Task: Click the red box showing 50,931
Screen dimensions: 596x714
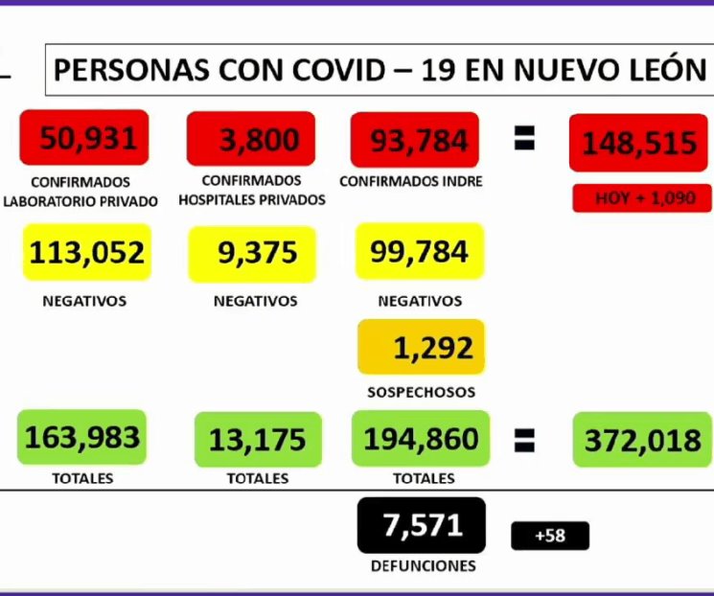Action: (x=86, y=139)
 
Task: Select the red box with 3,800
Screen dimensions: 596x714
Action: (x=251, y=140)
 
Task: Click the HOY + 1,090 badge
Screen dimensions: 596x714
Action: (x=642, y=198)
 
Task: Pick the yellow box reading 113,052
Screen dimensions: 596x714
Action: (x=86, y=253)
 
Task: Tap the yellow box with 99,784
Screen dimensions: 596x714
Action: (x=419, y=252)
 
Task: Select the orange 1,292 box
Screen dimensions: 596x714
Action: (x=421, y=347)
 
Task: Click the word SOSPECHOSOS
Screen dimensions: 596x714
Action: (x=421, y=392)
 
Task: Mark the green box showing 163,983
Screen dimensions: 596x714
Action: (x=82, y=438)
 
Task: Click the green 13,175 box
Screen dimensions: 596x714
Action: (x=257, y=440)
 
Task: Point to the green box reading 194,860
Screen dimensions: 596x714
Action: (x=421, y=439)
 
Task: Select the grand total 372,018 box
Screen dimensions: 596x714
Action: (x=642, y=440)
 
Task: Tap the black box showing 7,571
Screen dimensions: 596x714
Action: (x=422, y=525)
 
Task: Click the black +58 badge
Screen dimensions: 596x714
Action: (x=550, y=536)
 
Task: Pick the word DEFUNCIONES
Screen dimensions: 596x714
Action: (x=423, y=566)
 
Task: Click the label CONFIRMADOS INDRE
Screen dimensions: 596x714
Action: (x=411, y=181)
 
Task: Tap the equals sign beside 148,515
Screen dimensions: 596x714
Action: (x=524, y=140)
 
